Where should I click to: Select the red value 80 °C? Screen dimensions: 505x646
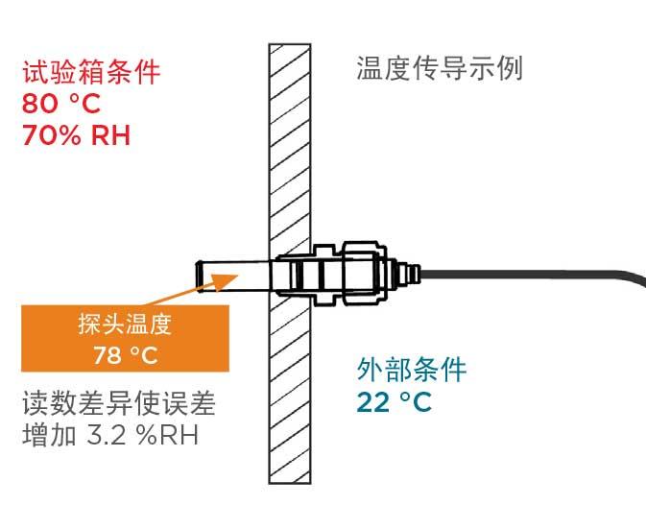click(x=60, y=102)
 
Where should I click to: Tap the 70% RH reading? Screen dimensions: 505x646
click(x=76, y=133)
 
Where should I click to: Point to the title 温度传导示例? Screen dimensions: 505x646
click(x=439, y=69)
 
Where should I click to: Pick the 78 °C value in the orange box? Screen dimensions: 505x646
click(x=124, y=355)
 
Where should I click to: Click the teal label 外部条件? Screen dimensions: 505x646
click(x=412, y=370)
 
